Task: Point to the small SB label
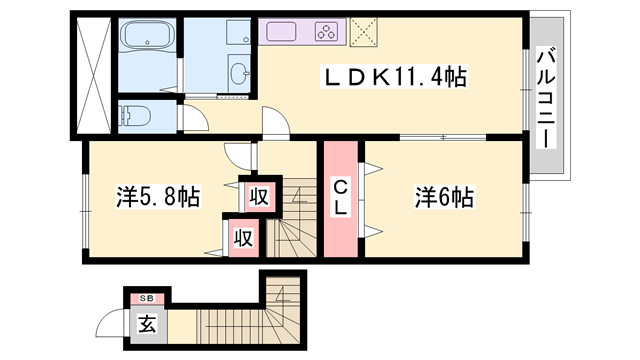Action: (146, 298)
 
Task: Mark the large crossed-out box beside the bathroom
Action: (90, 74)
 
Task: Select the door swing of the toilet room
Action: (196, 117)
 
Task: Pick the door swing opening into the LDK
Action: (273, 123)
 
